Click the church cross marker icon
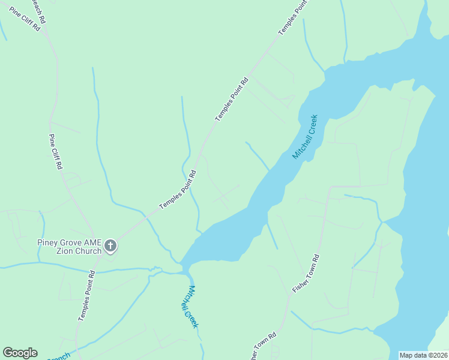110,245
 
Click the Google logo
20,353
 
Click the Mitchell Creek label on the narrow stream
189,307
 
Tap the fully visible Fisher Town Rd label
306,274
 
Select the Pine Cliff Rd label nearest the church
56,152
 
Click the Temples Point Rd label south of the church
86,303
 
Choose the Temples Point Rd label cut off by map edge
293,17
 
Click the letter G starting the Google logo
8,353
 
